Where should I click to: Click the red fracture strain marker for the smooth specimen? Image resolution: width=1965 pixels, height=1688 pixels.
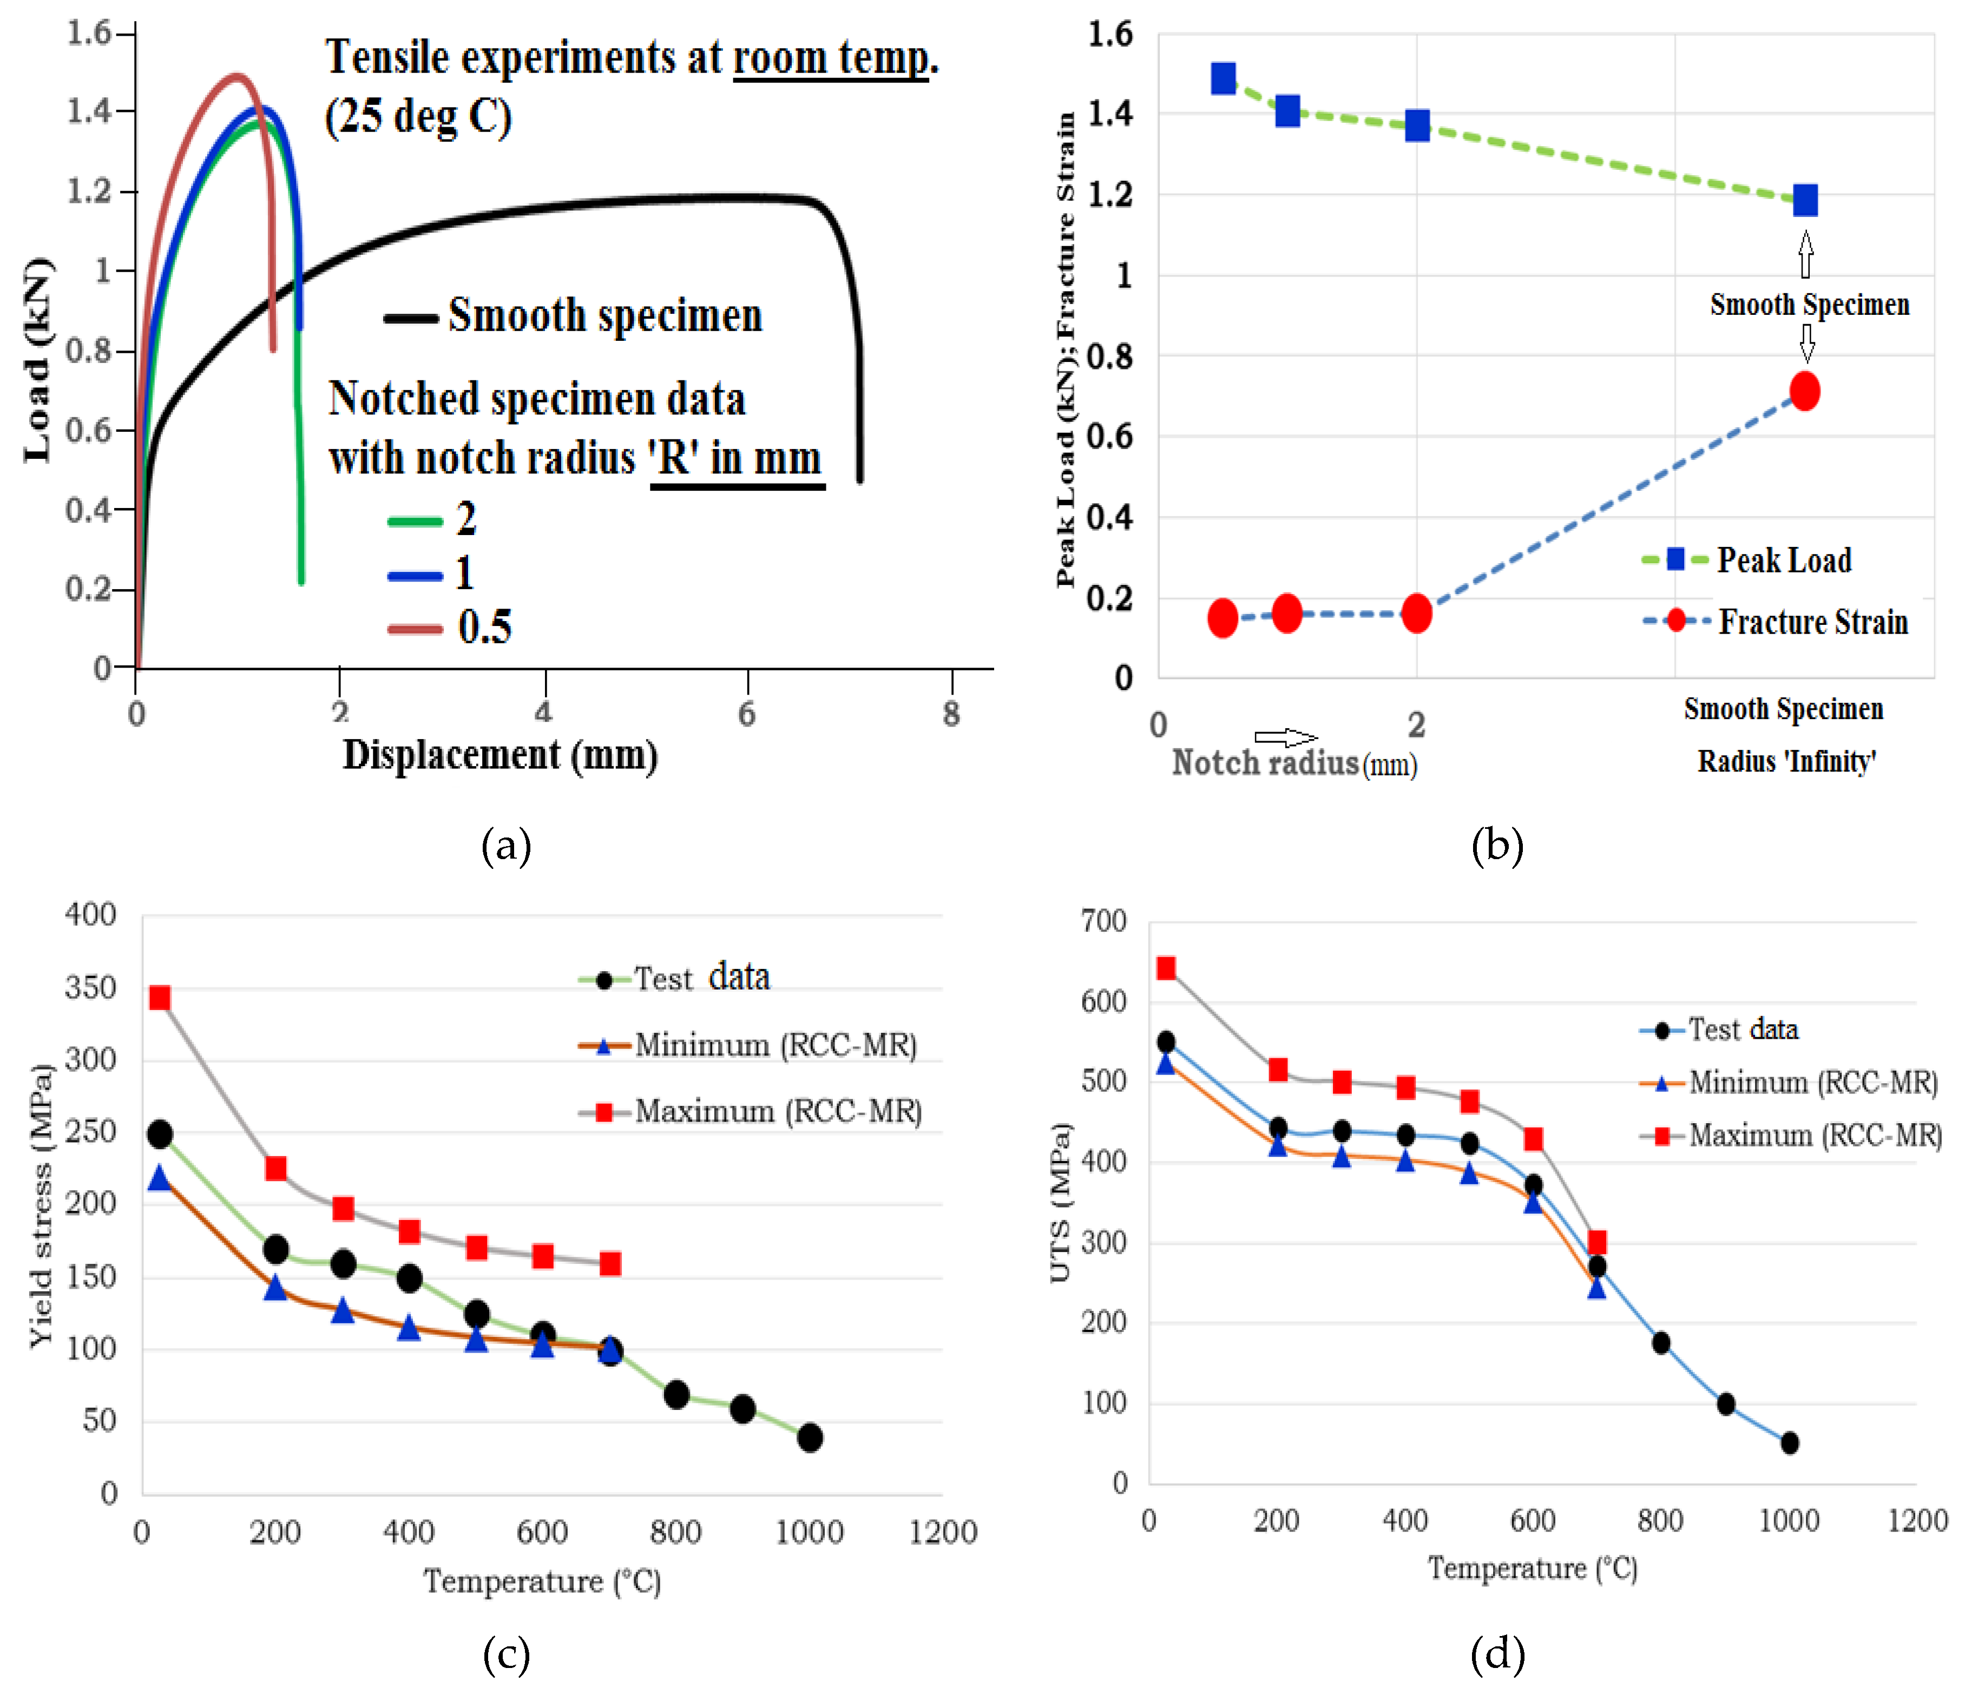(x=1804, y=391)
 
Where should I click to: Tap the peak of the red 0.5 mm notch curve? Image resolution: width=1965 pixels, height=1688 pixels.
(x=236, y=76)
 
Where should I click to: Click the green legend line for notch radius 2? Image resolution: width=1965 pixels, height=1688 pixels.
(x=415, y=520)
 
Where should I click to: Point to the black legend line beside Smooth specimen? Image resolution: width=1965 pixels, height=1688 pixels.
(x=411, y=319)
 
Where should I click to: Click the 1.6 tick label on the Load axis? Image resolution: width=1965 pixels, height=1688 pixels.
(x=89, y=33)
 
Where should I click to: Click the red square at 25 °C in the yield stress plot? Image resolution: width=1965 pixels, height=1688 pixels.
(x=159, y=998)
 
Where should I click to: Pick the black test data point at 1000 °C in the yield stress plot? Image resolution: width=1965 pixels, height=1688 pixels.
(x=809, y=1438)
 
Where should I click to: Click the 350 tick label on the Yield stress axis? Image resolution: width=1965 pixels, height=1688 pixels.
(x=90, y=987)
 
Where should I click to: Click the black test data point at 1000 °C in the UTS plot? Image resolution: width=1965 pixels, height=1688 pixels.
(x=1789, y=1442)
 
